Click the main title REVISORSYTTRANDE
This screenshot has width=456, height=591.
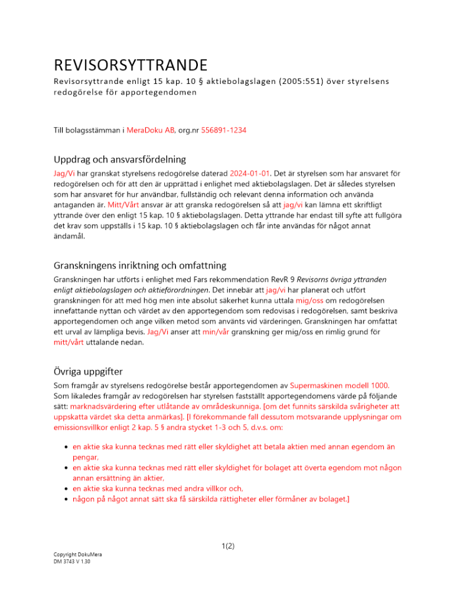pos(131,64)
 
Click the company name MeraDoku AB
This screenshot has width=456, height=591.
pos(151,130)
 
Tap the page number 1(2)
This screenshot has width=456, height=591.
pos(227,546)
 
